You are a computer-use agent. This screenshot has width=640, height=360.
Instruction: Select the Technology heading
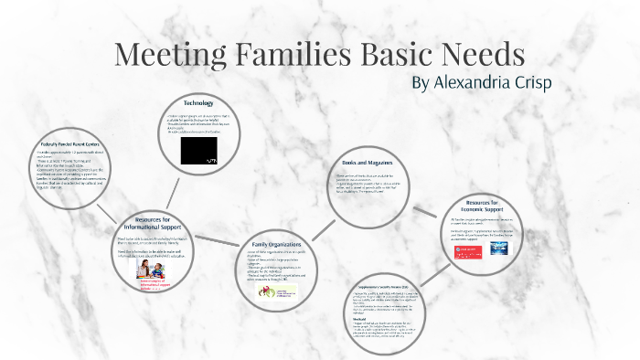coord(198,101)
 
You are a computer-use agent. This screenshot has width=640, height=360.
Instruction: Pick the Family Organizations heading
coord(277,245)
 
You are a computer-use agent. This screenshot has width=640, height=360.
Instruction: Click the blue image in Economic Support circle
coord(499,248)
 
